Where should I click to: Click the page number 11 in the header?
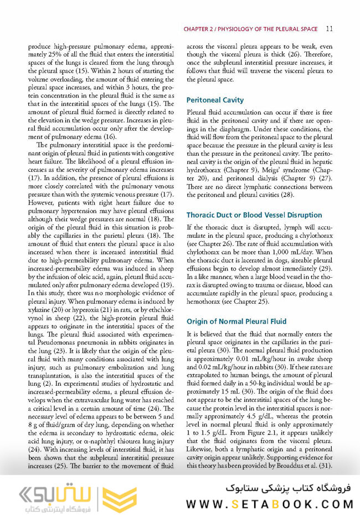(330, 28)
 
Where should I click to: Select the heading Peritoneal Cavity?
(215, 100)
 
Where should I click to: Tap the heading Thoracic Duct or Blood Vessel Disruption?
(254, 215)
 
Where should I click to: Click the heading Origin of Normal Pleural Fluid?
(236, 321)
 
